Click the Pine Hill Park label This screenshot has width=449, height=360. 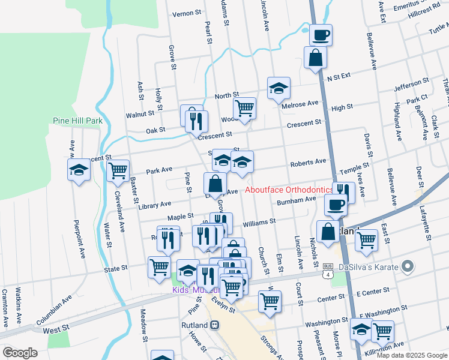(x=77, y=121)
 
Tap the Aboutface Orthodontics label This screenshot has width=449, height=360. (x=289, y=190)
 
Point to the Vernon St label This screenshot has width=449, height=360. (x=185, y=13)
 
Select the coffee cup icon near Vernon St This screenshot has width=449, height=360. (x=321, y=35)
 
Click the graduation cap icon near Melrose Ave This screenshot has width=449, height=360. (x=279, y=88)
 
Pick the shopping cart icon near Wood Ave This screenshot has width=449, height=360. (x=244, y=109)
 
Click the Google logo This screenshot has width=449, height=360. (x=20, y=353)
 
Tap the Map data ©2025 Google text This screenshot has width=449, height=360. (x=412, y=355)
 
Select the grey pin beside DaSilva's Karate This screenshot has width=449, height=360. (x=408, y=265)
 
